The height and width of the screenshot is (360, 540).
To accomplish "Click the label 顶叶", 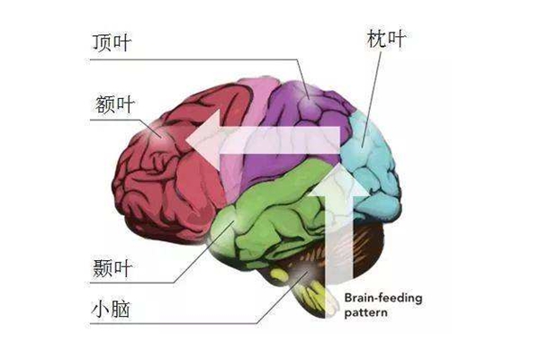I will coord(112,44).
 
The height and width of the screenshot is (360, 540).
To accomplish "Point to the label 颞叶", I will coord(112,268).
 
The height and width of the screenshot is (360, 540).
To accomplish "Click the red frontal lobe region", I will coord(162,180).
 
